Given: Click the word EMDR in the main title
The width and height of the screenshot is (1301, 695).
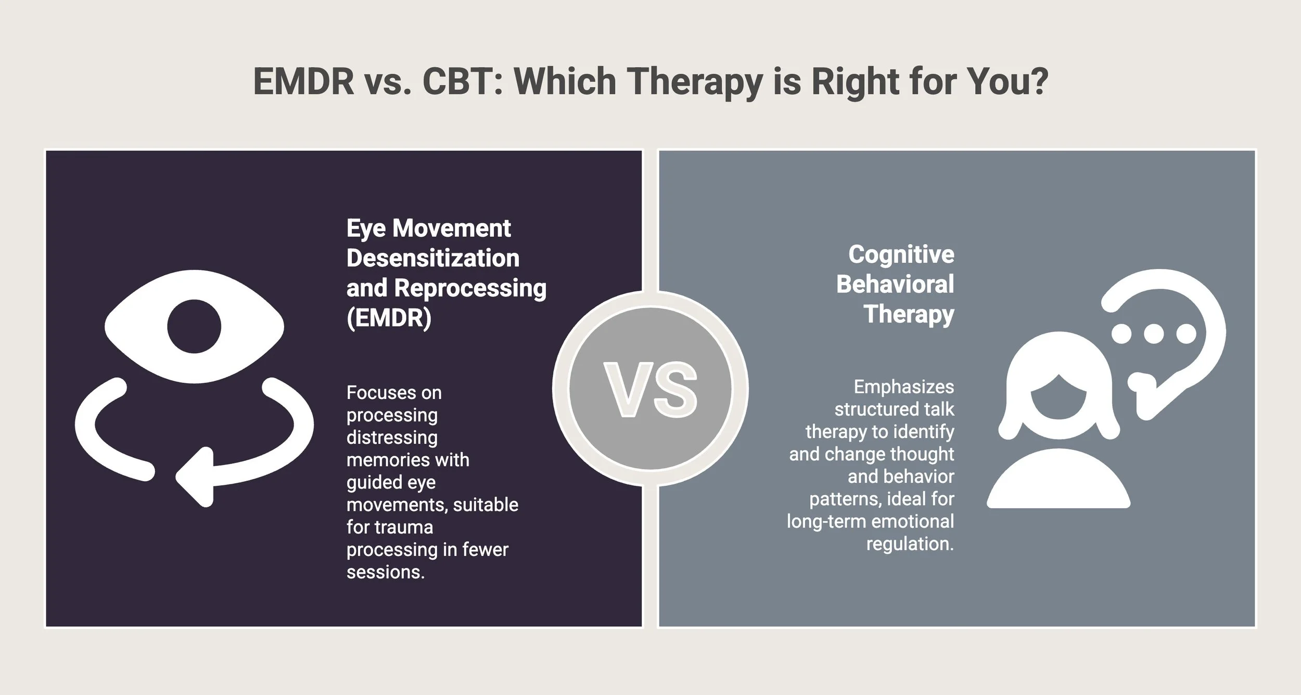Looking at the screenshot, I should click(303, 82).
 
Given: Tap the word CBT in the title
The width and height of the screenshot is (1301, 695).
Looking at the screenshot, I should click(462, 82).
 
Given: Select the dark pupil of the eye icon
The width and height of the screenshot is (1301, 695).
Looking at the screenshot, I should click(194, 326).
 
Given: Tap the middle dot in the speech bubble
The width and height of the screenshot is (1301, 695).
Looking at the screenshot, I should click(1154, 334).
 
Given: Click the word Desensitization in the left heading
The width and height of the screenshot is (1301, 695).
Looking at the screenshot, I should click(433, 258).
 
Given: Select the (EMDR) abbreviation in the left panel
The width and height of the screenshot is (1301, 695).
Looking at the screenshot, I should click(389, 317).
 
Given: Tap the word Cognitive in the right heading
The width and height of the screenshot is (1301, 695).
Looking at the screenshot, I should click(901, 254).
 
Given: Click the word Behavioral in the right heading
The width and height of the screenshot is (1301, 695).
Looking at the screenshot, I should click(895, 284).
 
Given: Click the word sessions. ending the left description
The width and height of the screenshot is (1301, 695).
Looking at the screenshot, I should click(386, 572).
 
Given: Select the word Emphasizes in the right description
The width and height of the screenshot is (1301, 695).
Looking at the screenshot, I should click(904, 387).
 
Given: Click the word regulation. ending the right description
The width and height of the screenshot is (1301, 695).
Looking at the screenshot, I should click(910, 544).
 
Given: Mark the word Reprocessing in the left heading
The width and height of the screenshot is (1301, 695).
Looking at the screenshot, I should click(470, 288).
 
